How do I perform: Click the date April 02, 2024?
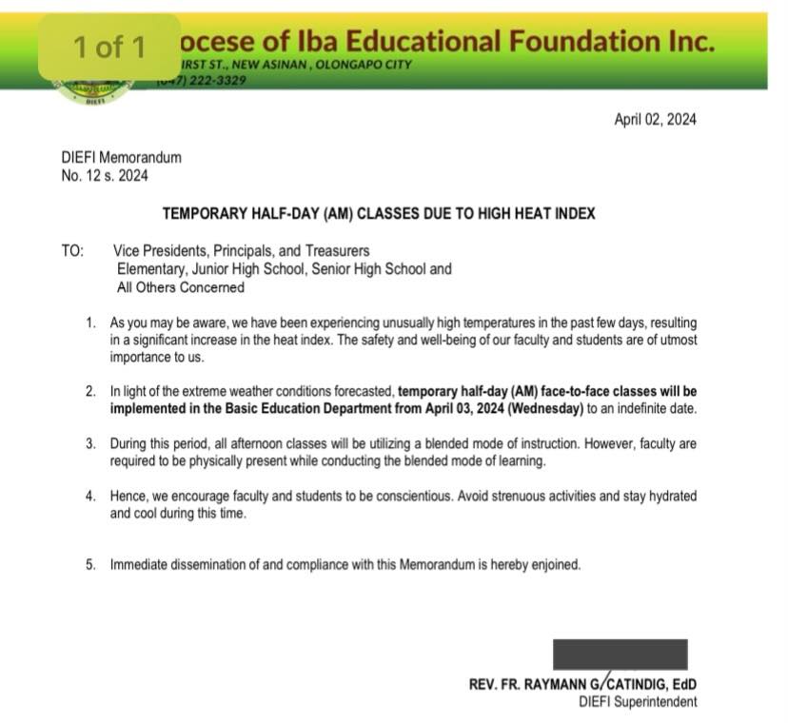pyautogui.click(x=655, y=119)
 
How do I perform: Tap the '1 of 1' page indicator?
pyautogui.click(x=109, y=47)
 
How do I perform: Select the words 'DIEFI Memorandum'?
pyautogui.click(x=121, y=158)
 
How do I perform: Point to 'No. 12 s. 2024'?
pyautogui.click(x=105, y=175)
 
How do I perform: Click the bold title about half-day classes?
pyautogui.click(x=379, y=214)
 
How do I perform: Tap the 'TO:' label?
pyautogui.click(x=72, y=251)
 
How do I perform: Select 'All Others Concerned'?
pyautogui.click(x=180, y=287)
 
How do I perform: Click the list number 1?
pyautogui.click(x=90, y=323)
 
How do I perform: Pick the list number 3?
pyautogui.click(x=90, y=444)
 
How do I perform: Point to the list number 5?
pyautogui.click(x=90, y=564)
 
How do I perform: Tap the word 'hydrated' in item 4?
pyautogui.click(x=669, y=497)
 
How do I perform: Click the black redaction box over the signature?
pyautogui.click(x=620, y=655)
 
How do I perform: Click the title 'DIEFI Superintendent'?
pyautogui.click(x=637, y=702)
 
